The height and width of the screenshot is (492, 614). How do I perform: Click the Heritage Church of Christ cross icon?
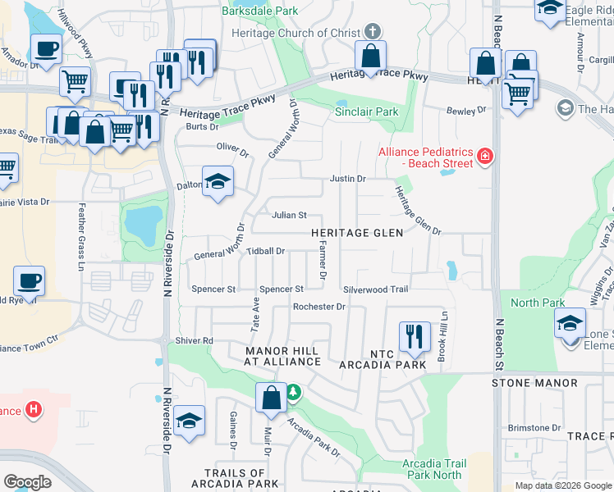[x=373, y=31]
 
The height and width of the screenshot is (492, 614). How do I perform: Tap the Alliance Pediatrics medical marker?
[x=485, y=156]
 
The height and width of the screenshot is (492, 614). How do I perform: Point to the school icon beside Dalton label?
[x=218, y=181]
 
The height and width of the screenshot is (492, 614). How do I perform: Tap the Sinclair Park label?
[x=366, y=112]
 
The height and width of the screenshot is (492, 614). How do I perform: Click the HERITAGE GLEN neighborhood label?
[x=357, y=233]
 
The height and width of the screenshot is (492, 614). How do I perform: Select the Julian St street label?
[x=289, y=216]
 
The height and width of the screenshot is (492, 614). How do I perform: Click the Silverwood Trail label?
[x=375, y=289]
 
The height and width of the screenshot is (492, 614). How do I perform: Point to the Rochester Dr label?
[x=319, y=307]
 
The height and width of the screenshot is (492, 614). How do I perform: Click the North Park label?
[x=537, y=303]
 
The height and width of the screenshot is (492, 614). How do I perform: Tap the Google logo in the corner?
[x=28, y=482]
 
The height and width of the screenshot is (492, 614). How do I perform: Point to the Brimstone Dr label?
[x=534, y=427]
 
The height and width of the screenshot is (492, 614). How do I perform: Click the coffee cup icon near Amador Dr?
[x=48, y=48]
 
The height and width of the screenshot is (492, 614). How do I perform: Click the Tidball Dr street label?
[x=265, y=251]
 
